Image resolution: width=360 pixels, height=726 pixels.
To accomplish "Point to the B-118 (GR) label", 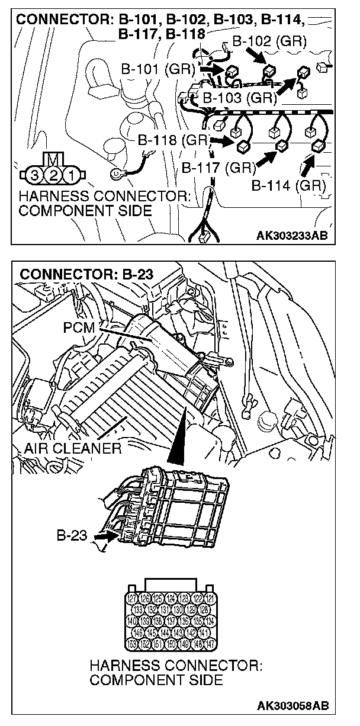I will (175, 141).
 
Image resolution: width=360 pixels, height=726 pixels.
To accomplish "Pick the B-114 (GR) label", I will (289, 186).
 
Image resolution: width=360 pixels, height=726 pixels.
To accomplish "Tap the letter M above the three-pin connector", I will (53, 159).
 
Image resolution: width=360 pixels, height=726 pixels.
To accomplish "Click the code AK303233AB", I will (291, 236).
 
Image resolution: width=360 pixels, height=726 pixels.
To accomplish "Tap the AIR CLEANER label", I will (73, 448).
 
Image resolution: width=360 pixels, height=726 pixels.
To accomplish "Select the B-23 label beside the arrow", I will (73, 537).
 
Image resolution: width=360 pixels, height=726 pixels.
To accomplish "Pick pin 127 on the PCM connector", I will (133, 598).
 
